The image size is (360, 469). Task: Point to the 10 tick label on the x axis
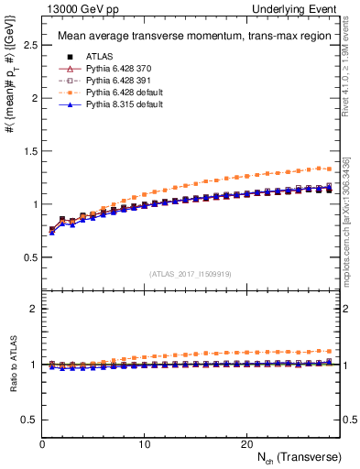coord(144,443)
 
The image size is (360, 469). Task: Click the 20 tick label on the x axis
coord(245,443)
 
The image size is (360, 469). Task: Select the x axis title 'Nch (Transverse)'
coord(293,456)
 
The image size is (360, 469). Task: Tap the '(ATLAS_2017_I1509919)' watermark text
coord(190,273)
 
